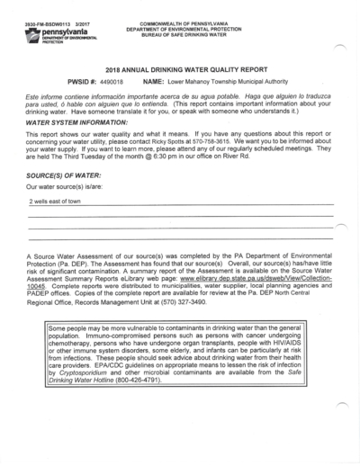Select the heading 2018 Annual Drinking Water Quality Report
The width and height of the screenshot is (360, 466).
click(181, 68)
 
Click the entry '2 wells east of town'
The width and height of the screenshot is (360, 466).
click(55, 202)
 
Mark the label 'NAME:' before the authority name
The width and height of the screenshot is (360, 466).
click(153, 81)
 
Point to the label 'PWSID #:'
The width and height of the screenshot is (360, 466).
click(83, 81)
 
